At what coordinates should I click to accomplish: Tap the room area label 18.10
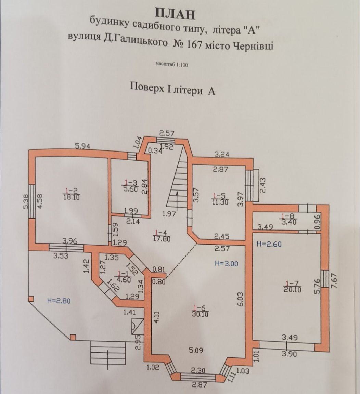71,197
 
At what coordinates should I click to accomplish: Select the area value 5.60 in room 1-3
130,189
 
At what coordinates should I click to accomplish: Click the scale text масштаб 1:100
172,64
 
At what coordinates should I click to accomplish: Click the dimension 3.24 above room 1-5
222,155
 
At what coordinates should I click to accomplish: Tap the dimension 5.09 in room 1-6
196,350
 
